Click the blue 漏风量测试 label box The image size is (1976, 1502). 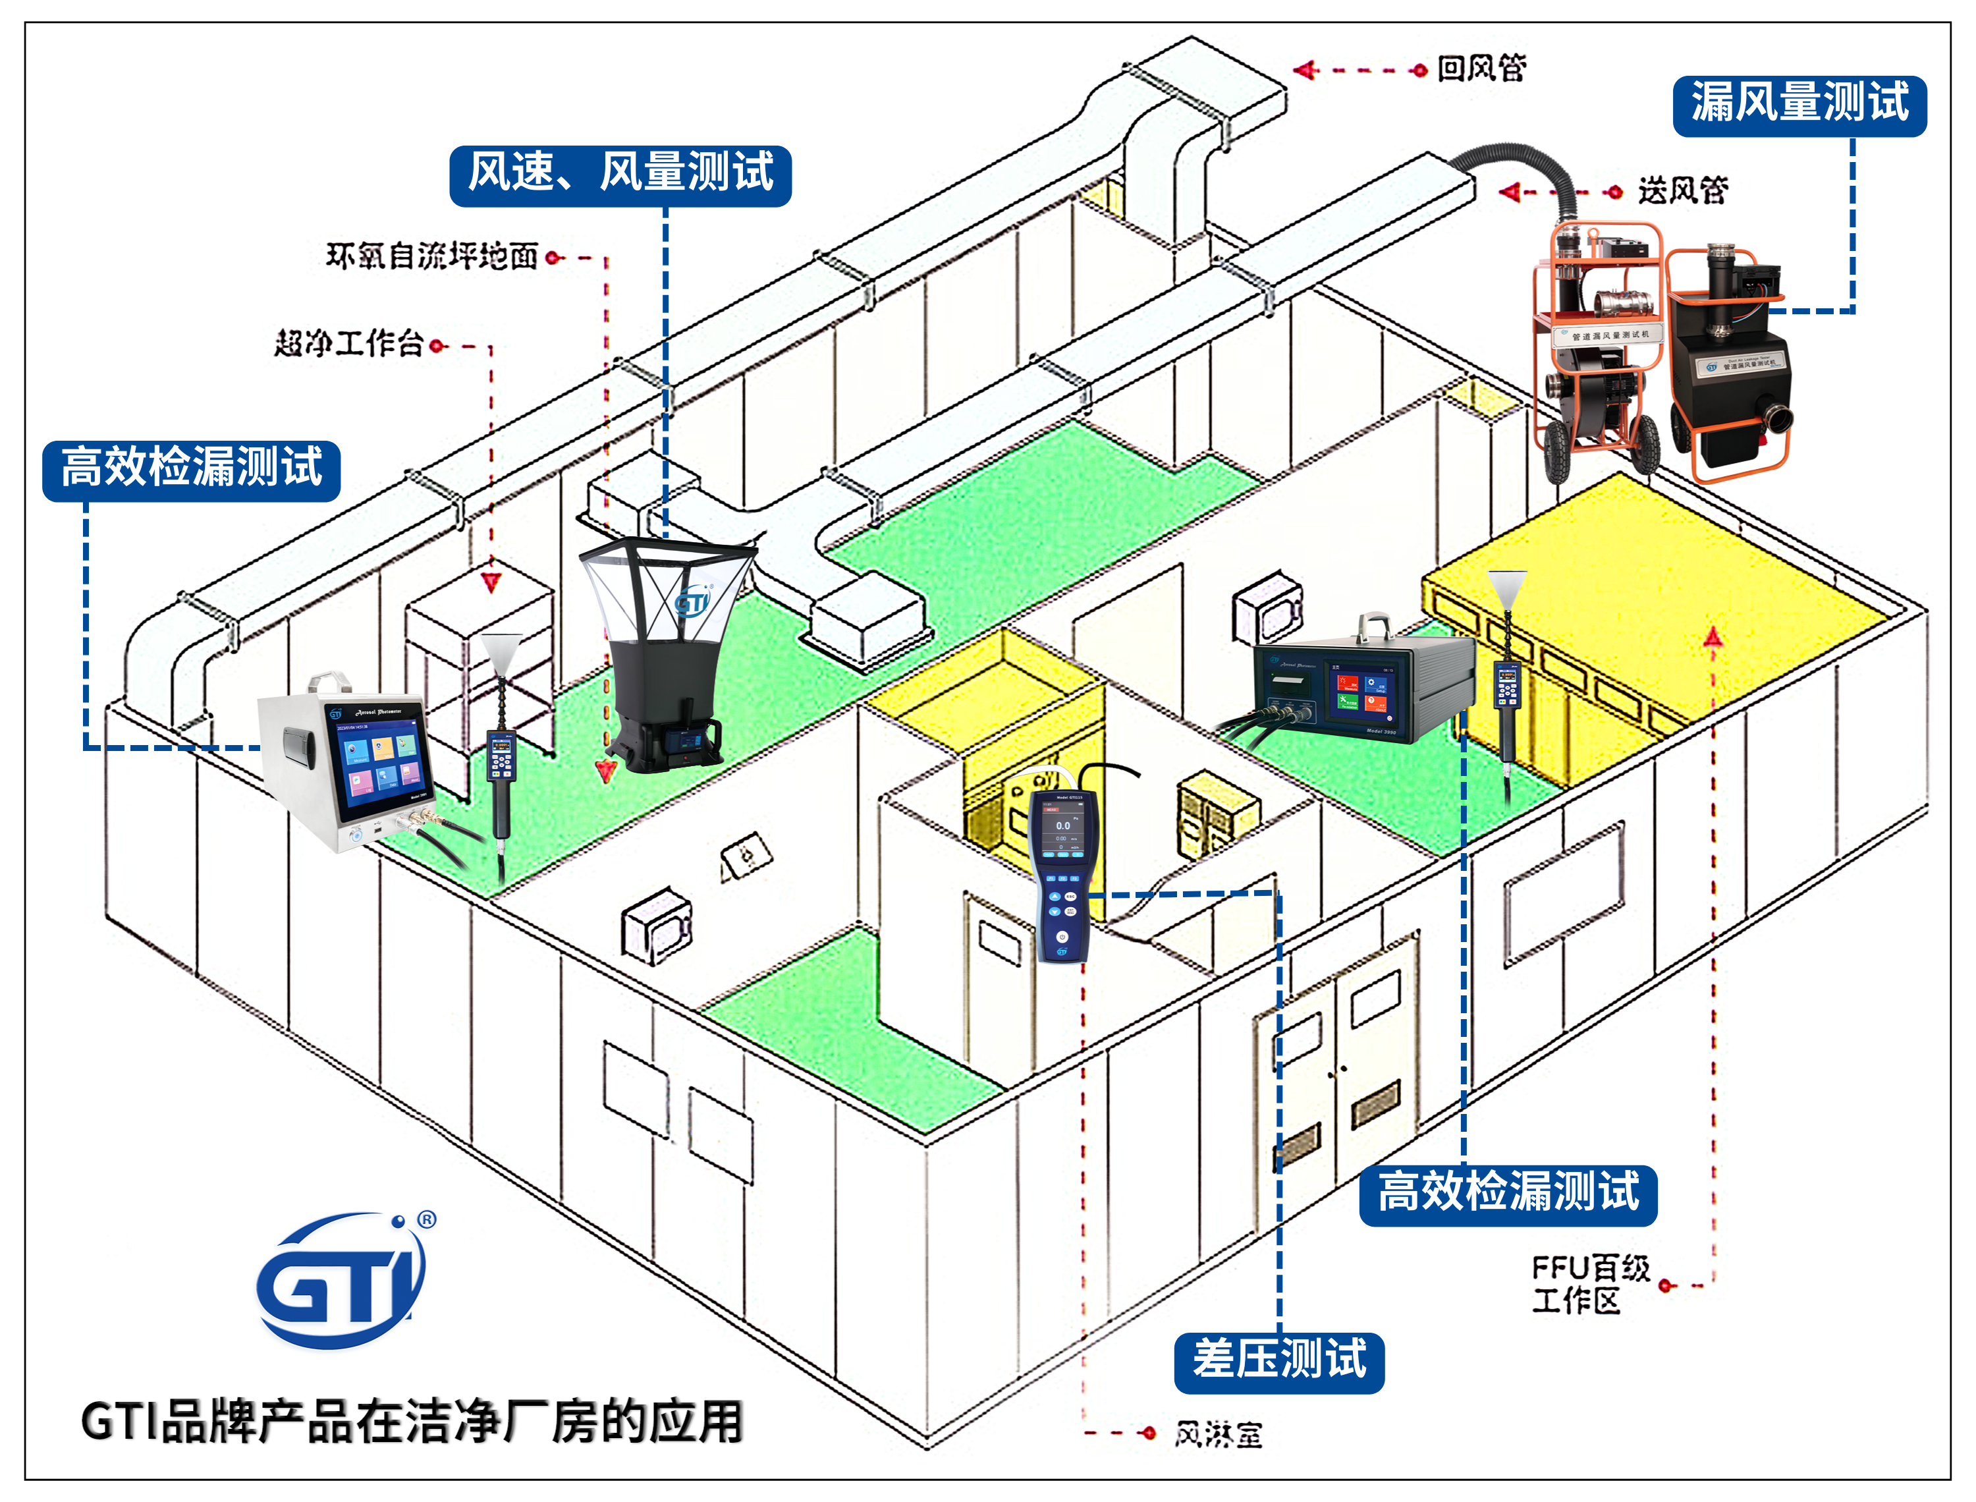tap(1798, 105)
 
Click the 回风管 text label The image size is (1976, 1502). tap(1481, 68)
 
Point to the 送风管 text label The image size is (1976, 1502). tap(1682, 190)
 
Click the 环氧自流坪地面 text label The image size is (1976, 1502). tap(431, 257)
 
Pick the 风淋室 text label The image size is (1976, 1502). tap(1217, 1435)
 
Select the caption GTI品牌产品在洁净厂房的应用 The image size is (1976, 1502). tap(411, 1422)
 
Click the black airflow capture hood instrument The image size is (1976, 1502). tap(666, 653)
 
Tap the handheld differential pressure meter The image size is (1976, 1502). tap(1062, 872)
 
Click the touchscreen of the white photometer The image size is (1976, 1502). tap(381, 760)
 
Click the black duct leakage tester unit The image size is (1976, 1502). tap(1730, 358)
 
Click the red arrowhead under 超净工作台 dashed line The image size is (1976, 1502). tap(491, 583)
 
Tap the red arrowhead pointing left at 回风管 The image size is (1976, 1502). tap(1305, 70)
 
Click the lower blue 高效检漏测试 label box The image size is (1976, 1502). tap(1507, 1194)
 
